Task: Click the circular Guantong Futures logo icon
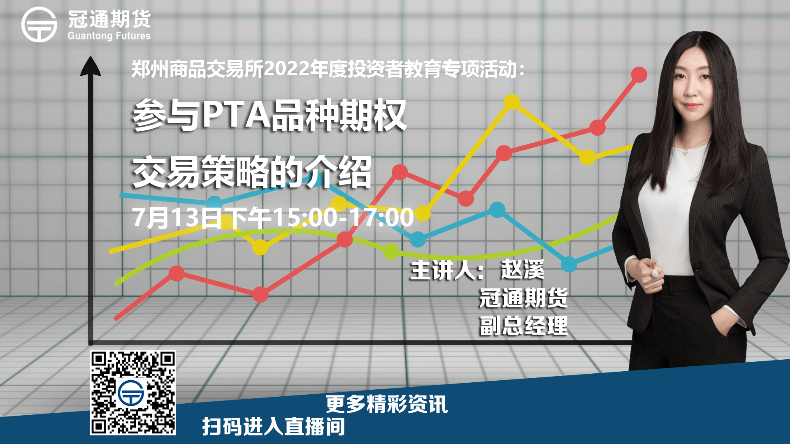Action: pos(39,25)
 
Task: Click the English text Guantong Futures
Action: pos(109,36)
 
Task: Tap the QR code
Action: pos(133,393)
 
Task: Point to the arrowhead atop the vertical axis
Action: pos(91,66)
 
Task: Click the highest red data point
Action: pos(639,75)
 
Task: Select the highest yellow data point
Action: pos(512,102)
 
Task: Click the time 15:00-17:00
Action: pos(344,217)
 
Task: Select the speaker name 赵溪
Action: pos(523,270)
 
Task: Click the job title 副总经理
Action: pos(524,326)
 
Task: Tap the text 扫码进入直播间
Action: pos(274,426)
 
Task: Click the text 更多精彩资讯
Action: pos(387,404)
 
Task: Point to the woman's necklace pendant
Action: pos(685,152)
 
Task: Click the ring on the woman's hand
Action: pos(655,273)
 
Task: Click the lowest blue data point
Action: pos(569,264)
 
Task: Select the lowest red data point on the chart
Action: pos(260,294)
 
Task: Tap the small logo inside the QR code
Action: pos(131,393)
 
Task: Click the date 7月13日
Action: pos(177,217)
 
